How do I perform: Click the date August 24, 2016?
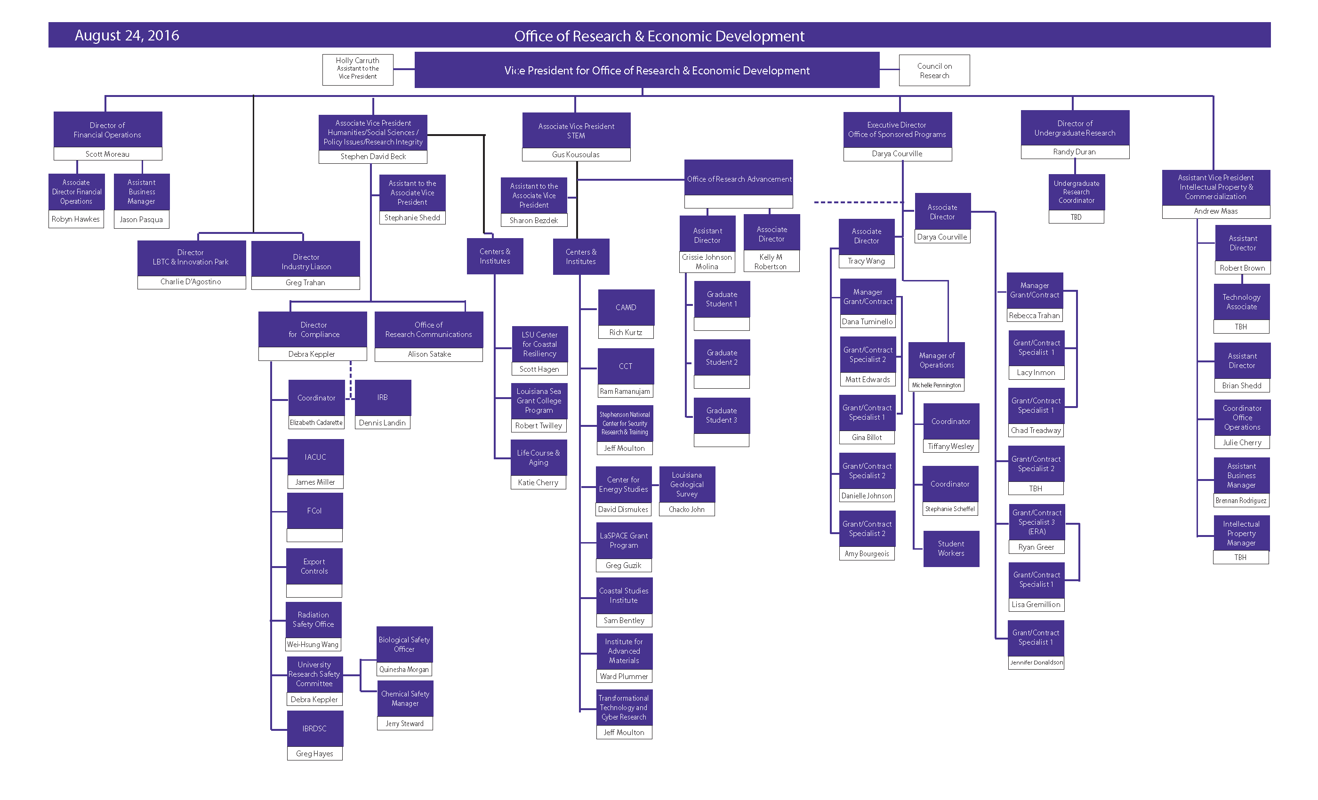tap(127, 35)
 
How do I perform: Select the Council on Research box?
tap(934, 71)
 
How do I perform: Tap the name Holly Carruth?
tap(357, 60)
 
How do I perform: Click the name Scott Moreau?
tap(107, 154)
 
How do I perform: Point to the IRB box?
tap(382, 398)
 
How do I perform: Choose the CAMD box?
tap(626, 307)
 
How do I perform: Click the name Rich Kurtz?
tap(626, 333)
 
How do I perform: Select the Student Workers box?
tap(951, 549)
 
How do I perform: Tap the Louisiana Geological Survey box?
tap(687, 485)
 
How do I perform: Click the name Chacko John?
tap(687, 510)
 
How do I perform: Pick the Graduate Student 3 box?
tap(722, 416)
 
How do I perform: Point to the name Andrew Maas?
tap(1216, 211)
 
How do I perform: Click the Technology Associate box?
tap(1242, 302)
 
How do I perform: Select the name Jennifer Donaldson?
tap(1036, 663)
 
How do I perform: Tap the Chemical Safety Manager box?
tap(405, 698)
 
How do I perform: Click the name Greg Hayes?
tap(314, 753)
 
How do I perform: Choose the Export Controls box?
tap(314, 566)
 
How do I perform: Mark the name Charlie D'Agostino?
tap(191, 282)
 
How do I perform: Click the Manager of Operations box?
tap(937, 360)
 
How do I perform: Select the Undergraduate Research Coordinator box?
tap(1076, 192)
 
